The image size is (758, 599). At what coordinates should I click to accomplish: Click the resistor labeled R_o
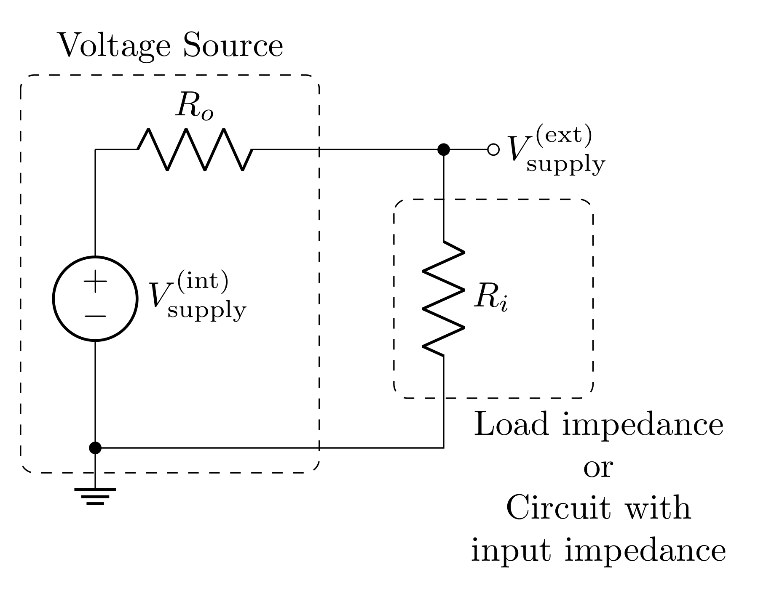pos(195,149)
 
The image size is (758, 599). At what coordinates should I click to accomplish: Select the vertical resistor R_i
pos(443,299)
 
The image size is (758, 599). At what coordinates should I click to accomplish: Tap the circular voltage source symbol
pos(95,298)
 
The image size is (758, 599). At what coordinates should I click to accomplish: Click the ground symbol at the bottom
pos(95,496)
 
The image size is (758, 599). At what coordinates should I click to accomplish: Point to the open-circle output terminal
pos(493,149)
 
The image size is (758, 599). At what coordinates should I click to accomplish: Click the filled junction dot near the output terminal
pos(443,149)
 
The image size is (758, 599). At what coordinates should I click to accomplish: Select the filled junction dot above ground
pos(95,448)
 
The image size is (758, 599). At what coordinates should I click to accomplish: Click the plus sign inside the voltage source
pos(95,281)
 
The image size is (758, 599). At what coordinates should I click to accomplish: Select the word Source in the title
pos(233,45)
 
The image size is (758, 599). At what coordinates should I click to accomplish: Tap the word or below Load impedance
pos(598,467)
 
